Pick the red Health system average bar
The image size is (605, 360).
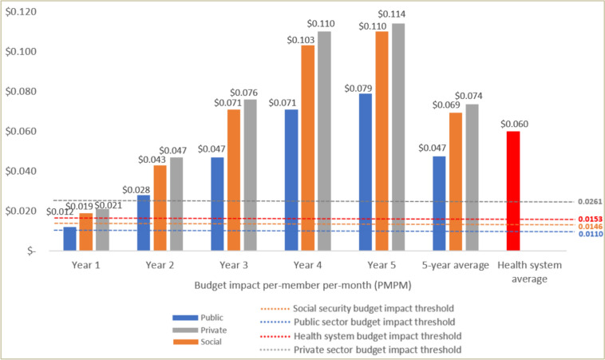513,191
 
